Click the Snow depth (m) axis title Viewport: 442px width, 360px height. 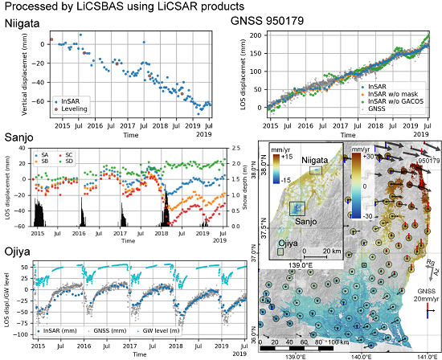[233, 187]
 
